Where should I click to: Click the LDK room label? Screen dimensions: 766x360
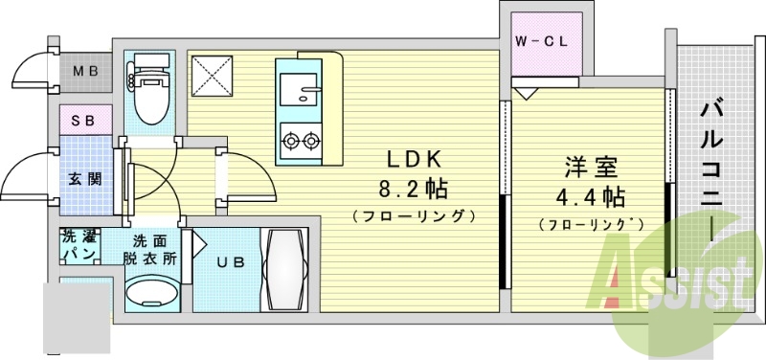point(414,159)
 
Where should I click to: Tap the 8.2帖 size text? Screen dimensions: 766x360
point(414,187)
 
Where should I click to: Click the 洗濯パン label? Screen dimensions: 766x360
point(78,246)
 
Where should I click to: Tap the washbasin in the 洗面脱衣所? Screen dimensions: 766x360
point(152,293)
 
